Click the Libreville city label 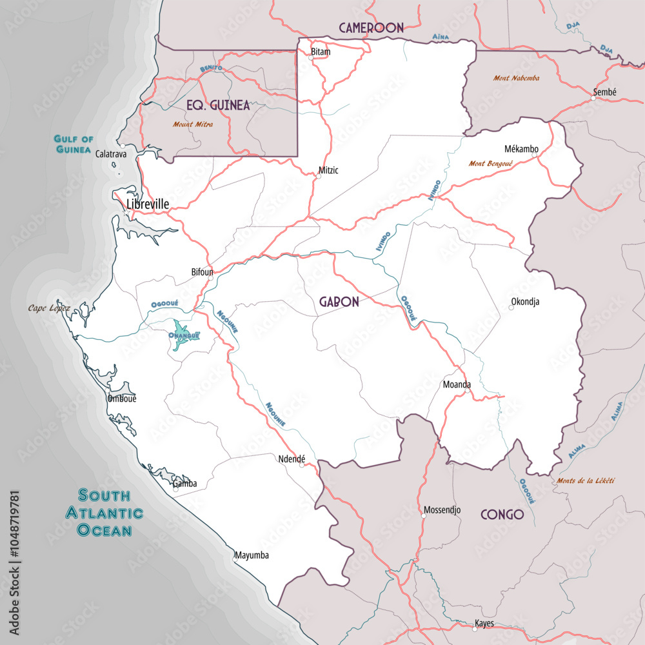[148, 204]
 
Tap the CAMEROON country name [371, 27]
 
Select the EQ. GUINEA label [217, 106]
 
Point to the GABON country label [339, 302]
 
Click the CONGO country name [502, 515]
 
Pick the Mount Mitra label [193, 124]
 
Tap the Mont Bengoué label [491, 164]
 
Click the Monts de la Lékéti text [585, 481]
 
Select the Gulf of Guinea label [74, 144]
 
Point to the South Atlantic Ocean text [104, 513]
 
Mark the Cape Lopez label [49, 308]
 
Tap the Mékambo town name [521, 149]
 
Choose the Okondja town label [525, 301]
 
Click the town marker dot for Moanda [468, 391]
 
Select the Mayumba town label [252, 555]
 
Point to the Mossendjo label [442, 510]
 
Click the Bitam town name [321, 51]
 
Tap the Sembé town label [604, 92]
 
